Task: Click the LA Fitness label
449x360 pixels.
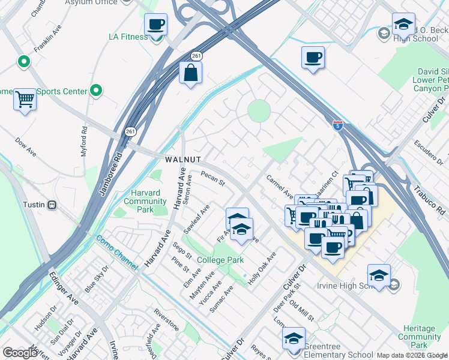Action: pyautogui.click(x=127, y=37)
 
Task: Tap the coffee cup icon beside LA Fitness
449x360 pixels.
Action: pyautogui.click(x=156, y=25)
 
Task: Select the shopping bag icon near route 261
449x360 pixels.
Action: pyautogui.click(x=190, y=73)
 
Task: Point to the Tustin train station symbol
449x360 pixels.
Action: pyautogui.click(x=52, y=205)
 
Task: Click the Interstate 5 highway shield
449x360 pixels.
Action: pyautogui.click(x=338, y=125)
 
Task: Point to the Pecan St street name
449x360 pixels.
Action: pyautogui.click(x=212, y=179)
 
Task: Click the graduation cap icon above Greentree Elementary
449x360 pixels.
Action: pyautogui.click(x=294, y=339)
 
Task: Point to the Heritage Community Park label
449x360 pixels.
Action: pyautogui.click(x=420, y=337)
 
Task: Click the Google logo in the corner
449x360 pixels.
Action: pyautogui.click(x=20, y=353)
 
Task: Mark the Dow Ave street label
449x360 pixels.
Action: pyautogui.click(x=26, y=145)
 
